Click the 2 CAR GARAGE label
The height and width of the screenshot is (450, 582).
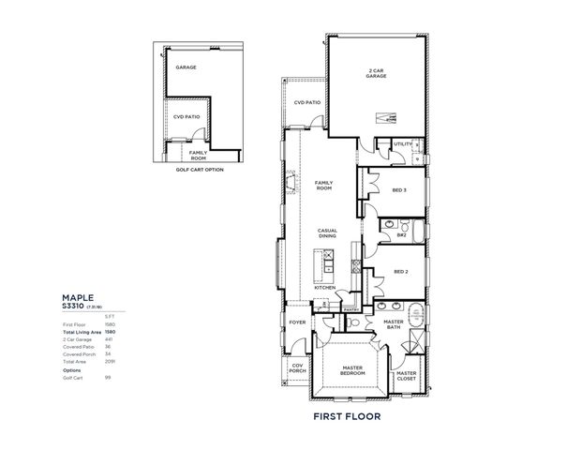coord(378,74)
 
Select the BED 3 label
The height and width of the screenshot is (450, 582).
coord(399,190)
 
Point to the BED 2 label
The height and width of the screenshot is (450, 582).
coord(400,272)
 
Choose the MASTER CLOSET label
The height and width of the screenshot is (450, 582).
coord(407,376)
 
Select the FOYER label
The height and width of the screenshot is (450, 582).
coord(297,322)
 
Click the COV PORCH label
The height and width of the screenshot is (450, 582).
coord(297,368)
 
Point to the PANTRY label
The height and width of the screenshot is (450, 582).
coord(351,307)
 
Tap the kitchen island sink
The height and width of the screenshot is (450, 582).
coord(328,268)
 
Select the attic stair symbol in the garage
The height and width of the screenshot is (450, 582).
coord(385,116)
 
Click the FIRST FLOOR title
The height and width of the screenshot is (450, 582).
coord(351,414)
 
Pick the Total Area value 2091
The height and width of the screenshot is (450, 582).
coord(109,361)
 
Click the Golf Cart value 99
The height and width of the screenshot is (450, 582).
coord(109,378)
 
